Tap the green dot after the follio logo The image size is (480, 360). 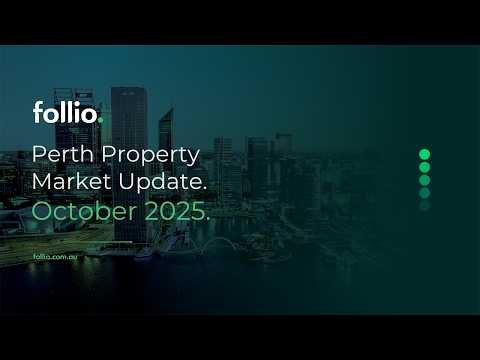pos(99,120)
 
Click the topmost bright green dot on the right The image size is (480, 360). pos(424,154)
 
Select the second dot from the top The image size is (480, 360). pos(424,167)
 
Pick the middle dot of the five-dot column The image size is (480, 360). pos(424,180)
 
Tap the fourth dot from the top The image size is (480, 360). pos(424,193)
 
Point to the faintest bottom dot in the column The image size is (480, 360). pos(424,206)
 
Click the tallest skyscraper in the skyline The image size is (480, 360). pos(128,130)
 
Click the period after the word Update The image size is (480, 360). pos(205,192)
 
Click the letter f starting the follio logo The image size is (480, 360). pos(37,112)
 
